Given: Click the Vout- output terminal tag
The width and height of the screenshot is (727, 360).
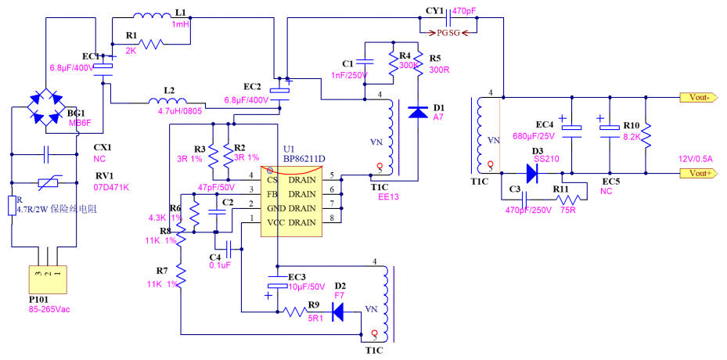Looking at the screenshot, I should point(700,98).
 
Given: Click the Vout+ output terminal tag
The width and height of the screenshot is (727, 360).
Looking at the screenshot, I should point(700,173).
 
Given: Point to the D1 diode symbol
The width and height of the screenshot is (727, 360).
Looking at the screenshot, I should point(418,112).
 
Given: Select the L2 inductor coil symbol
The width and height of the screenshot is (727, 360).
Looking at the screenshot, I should point(168,101).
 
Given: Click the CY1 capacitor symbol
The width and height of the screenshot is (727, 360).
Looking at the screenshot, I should point(447,13).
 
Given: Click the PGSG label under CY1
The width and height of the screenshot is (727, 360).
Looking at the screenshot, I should point(449,33).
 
